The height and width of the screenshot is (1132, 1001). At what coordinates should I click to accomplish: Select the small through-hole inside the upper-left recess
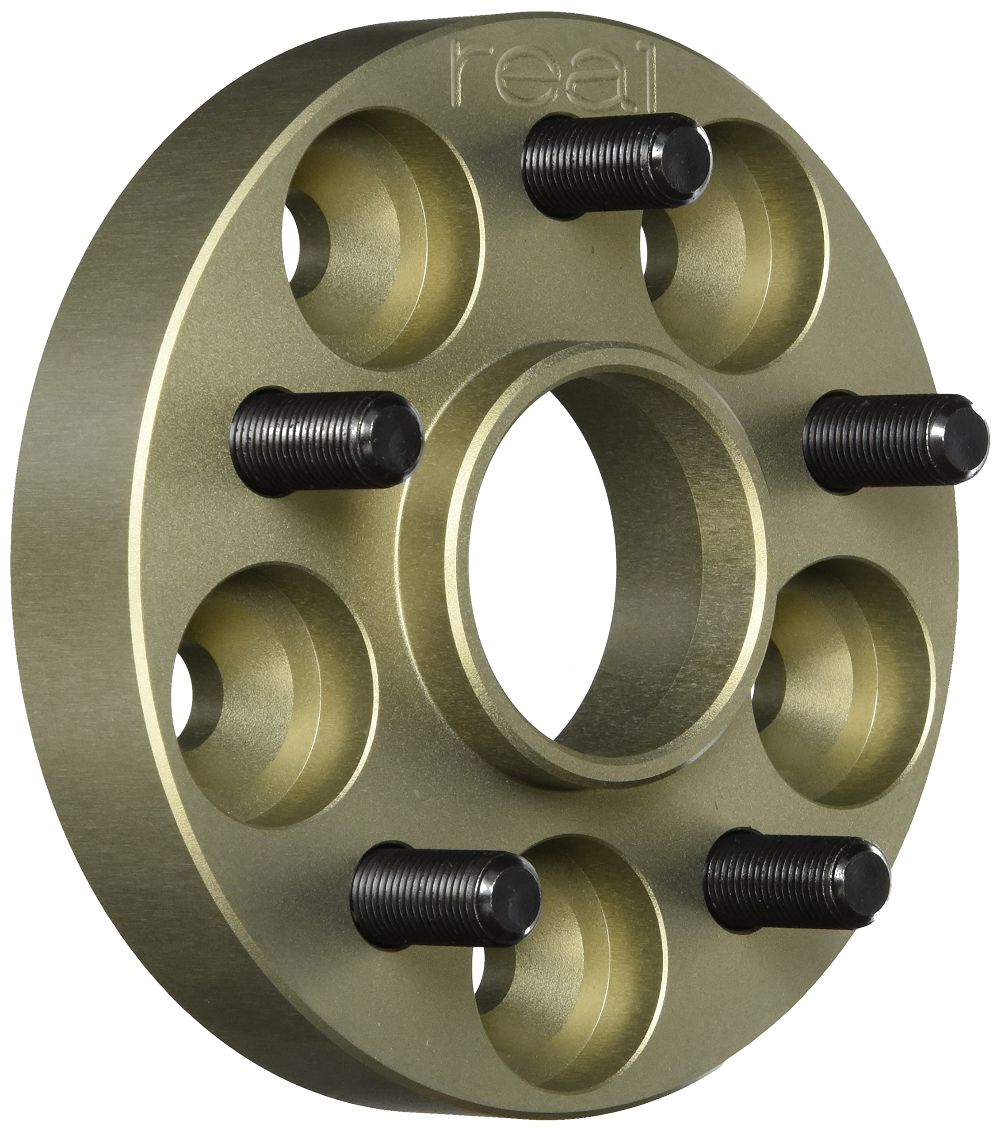pyautogui.click(x=305, y=244)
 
